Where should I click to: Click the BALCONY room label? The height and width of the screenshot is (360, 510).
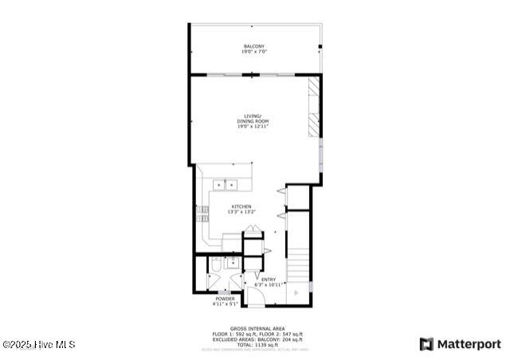253,46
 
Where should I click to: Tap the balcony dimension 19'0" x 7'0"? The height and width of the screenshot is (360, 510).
253,52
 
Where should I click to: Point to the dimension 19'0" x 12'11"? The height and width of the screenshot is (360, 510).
253,126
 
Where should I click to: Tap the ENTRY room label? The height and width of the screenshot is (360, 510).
269,279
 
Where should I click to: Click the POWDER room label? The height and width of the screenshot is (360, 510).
225,299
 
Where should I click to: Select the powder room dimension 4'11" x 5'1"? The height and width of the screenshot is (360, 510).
225,303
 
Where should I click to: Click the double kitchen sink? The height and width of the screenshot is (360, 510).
226,186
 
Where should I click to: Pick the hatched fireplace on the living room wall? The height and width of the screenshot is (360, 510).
314,108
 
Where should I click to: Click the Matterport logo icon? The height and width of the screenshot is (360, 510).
427,344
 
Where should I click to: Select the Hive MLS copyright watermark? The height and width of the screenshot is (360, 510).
39,345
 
